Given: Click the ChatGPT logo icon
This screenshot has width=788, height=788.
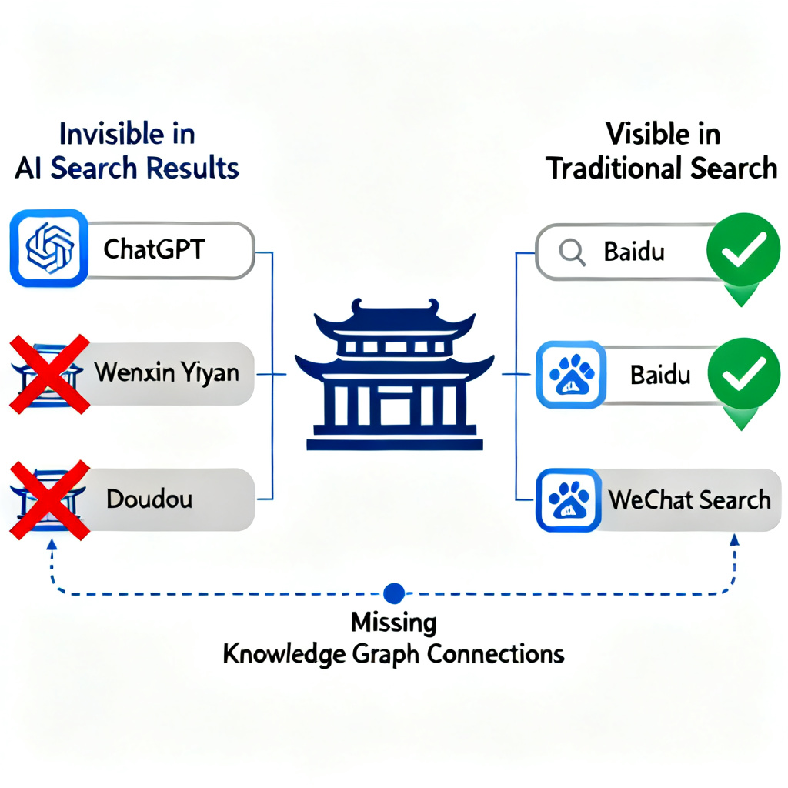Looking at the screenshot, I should tap(48, 248).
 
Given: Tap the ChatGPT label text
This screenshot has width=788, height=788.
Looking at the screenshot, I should tap(154, 250).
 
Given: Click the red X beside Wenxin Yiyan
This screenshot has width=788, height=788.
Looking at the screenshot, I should tap(48, 374).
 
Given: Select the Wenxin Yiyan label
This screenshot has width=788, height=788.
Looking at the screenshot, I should tap(166, 375).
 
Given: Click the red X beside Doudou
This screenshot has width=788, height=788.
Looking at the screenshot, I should tap(48, 499).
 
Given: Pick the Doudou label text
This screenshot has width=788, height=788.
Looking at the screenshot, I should tap(149, 499).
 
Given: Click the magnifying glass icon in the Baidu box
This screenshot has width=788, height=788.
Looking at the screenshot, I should tap(571, 252).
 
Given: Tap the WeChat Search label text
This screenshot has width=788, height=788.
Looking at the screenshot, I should tap(689, 500).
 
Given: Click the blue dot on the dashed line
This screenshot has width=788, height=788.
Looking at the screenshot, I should tap(393, 593).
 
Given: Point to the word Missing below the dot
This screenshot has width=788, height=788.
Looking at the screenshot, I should tap(393, 622).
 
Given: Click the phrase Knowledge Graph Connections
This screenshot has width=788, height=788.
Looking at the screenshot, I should tap(393, 654).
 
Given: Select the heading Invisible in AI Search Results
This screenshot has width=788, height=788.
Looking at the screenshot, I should tap(127, 151).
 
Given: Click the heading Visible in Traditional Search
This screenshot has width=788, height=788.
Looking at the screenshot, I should tap(662, 151).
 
